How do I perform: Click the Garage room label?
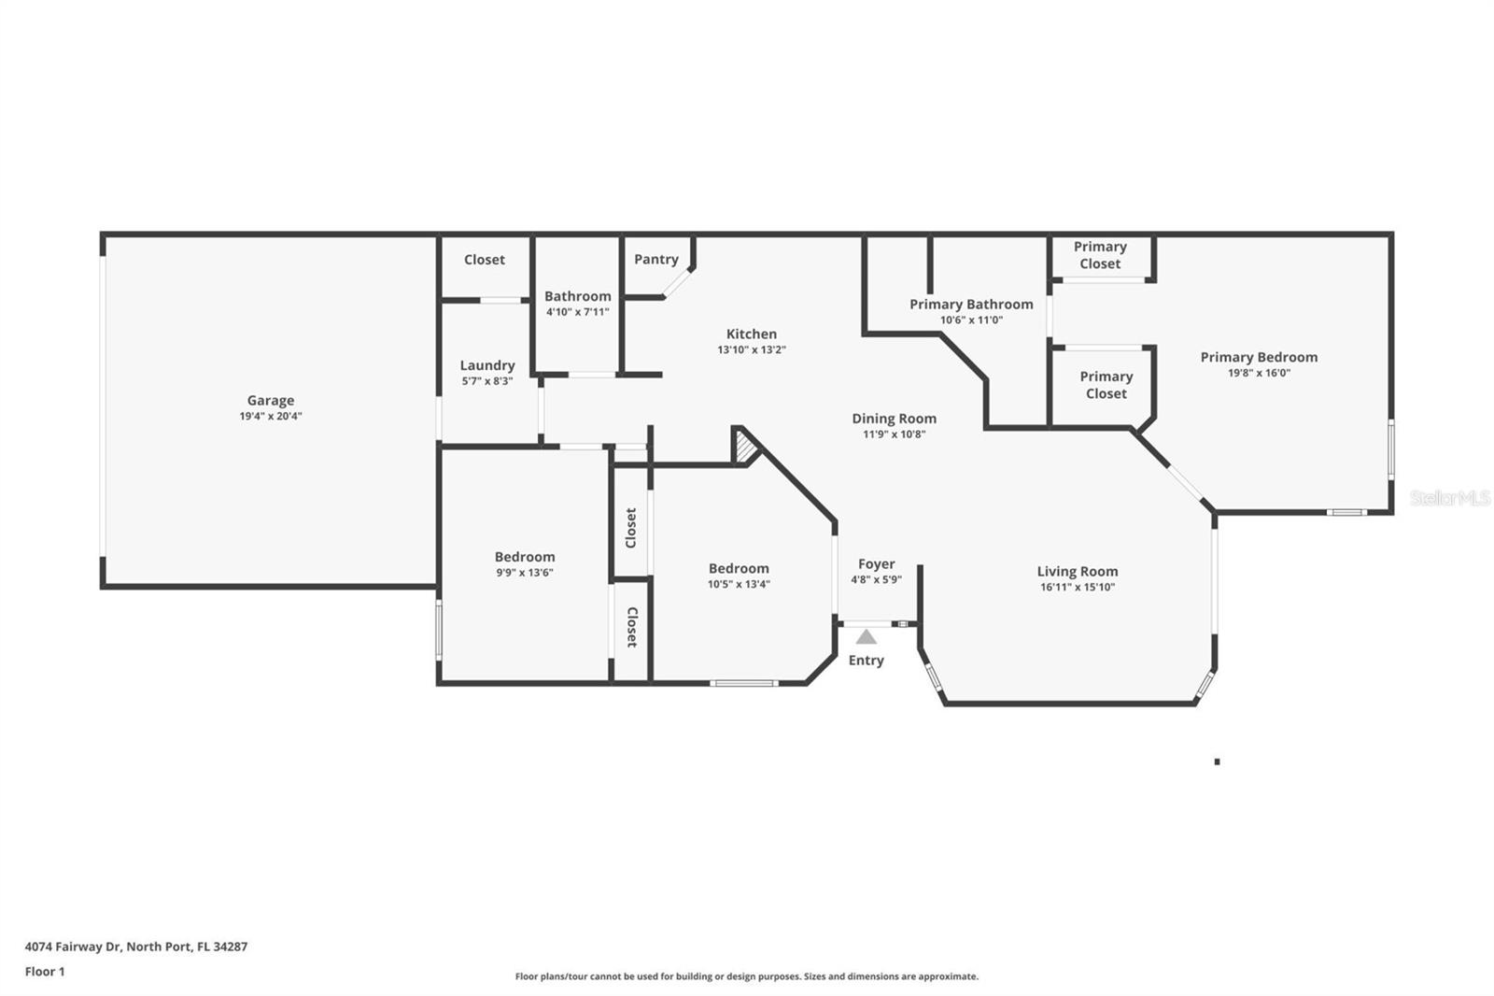tap(270, 400)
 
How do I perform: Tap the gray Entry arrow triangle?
tap(867, 637)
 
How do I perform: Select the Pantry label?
tap(656, 259)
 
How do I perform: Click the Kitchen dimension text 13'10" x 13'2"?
tap(752, 349)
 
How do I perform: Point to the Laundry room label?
tap(487, 365)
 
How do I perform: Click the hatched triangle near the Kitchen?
tap(745, 448)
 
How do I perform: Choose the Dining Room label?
tap(894, 419)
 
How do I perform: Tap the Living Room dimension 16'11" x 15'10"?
tap(1078, 587)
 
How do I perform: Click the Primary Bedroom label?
tap(1259, 357)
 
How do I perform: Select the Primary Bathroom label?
tap(971, 304)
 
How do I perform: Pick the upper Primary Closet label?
tap(1100, 255)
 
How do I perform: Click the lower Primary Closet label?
tap(1106, 385)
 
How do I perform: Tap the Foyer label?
tap(876, 563)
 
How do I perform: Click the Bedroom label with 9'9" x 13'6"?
tap(525, 556)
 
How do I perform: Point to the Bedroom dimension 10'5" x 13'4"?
tap(739, 584)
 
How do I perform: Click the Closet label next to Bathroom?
tap(484, 260)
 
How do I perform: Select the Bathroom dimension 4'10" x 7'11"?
tap(577, 312)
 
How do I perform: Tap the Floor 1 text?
tap(45, 972)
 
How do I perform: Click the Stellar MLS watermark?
tap(1450, 498)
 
